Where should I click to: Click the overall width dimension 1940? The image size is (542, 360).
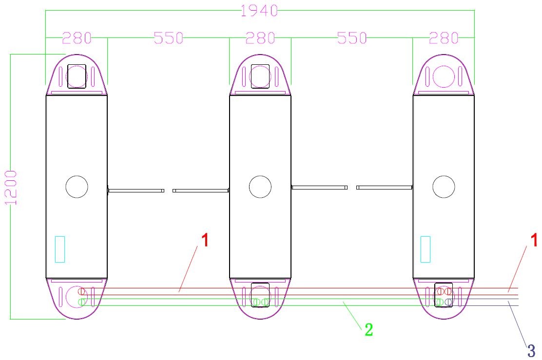[259, 11]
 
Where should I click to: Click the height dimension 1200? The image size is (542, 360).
[11, 188]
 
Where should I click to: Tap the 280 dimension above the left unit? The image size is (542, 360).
[77, 38]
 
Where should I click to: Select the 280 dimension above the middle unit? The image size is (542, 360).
[260, 38]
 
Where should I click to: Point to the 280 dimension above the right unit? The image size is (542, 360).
[444, 38]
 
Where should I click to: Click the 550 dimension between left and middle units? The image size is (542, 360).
[168, 38]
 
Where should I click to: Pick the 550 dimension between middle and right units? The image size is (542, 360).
[352, 38]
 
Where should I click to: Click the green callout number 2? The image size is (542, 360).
[369, 330]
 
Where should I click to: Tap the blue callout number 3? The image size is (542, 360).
[531, 351]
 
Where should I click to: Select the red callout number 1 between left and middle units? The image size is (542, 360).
[205, 240]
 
